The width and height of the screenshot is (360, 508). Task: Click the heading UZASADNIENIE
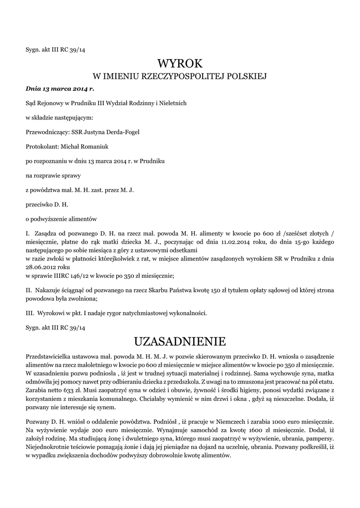180,341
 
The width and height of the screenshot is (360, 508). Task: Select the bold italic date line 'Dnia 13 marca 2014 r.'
60,89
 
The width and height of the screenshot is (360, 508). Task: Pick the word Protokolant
42,147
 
